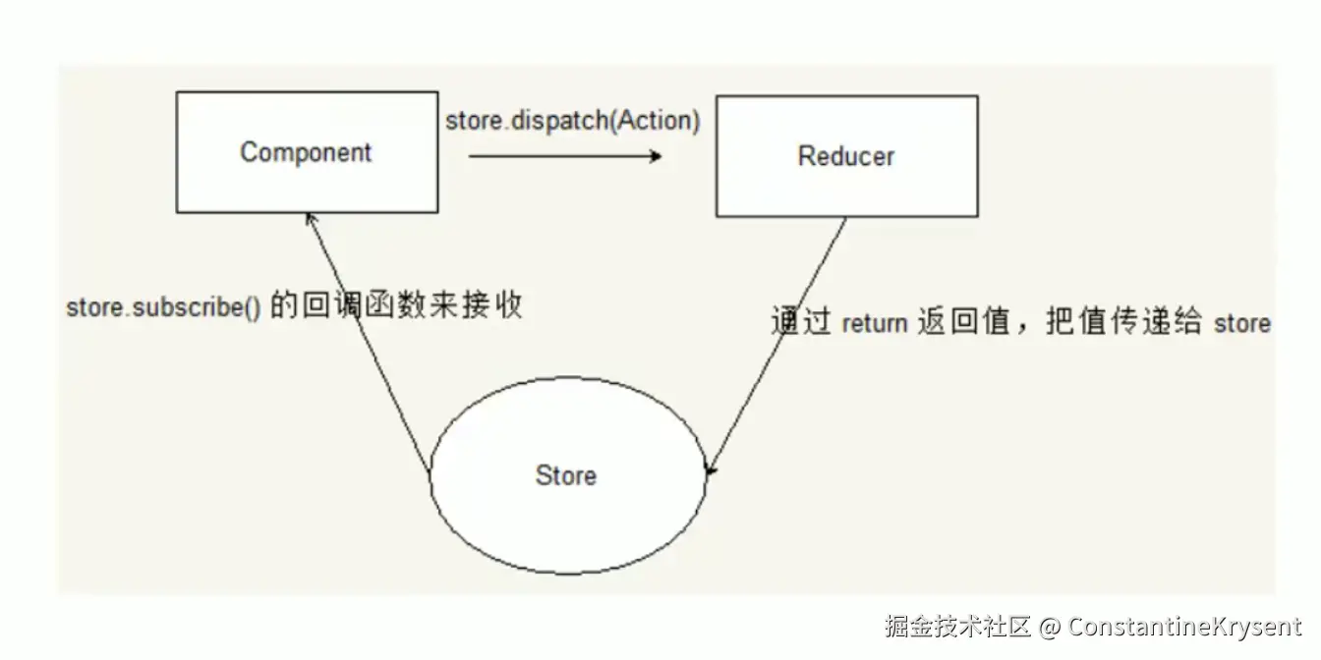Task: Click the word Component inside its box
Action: point(306,152)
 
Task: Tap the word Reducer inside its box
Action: point(846,155)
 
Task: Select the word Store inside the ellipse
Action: point(565,475)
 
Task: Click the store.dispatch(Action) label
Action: point(573,121)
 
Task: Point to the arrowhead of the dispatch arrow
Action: point(656,155)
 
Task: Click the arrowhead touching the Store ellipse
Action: point(711,473)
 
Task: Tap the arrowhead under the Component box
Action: point(311,220)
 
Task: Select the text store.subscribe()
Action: point(163,307)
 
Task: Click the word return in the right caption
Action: point(874,323)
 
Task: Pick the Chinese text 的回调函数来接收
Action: point(395,305)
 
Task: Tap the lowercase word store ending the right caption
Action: point(1242,323)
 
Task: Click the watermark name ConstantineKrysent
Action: point(1184,626)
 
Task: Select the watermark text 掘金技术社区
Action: point(956,626)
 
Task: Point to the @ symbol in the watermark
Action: point(1050,627)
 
